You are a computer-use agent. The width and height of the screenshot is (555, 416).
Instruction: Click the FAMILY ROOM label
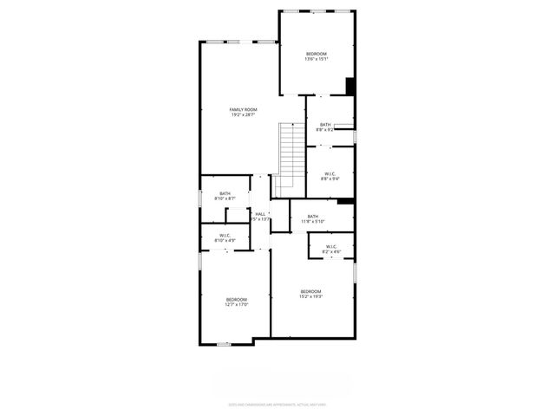243,109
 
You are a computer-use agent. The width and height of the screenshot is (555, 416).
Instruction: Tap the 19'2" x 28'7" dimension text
243,115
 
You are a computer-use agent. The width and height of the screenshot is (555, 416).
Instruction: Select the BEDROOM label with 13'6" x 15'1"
316,54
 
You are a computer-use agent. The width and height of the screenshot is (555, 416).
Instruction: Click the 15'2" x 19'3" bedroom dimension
311,296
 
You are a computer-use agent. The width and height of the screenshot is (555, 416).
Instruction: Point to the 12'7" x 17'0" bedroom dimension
237,304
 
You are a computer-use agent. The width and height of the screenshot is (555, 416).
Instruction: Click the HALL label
260,213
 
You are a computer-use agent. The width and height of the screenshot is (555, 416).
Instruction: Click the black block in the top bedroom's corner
350,86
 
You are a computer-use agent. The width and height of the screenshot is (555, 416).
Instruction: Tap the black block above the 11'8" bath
344,201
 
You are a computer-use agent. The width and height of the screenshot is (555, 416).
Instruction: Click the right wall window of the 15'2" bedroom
355,272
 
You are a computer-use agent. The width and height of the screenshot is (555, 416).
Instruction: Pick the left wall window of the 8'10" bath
200,192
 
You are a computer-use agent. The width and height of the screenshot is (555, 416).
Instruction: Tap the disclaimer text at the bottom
277,404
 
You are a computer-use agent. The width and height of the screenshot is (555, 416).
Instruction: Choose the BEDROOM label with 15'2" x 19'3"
311,290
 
